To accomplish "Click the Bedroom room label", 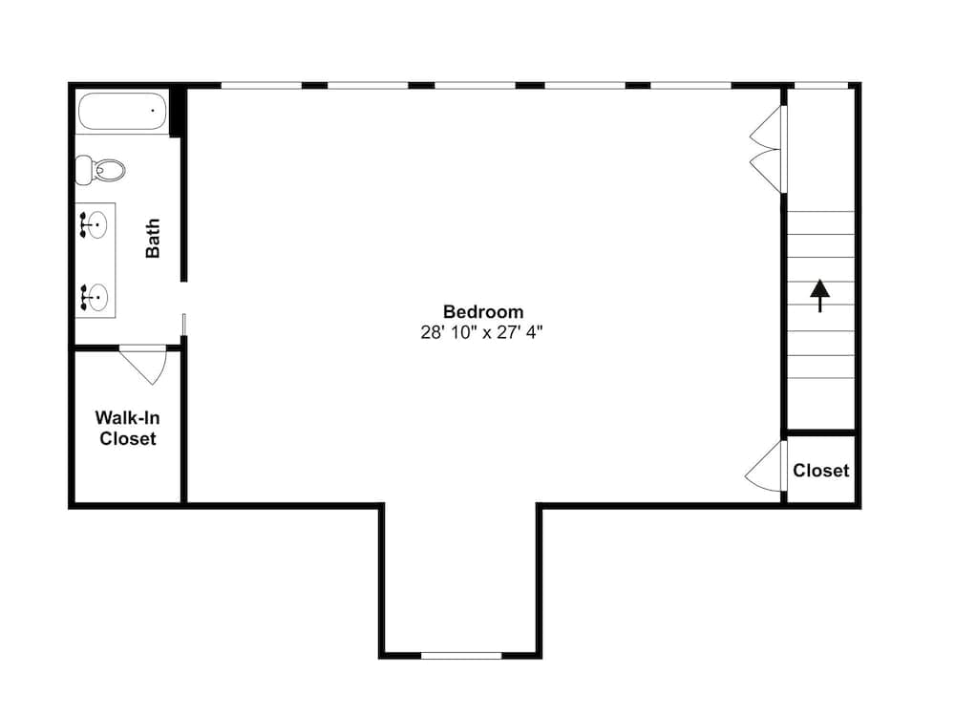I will coord(483,311).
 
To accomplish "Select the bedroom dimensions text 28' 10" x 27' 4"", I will coord(483,332).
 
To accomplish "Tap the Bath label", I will coord(153,239).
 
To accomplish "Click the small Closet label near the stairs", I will coord(820,470).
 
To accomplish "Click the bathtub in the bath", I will coord(122,111).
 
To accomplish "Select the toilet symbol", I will coord(100,171).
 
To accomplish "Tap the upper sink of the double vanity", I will coord(95,224).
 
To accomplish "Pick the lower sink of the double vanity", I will coord(95,295).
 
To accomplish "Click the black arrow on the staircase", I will coord(819,295).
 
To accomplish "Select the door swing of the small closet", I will coord(767,468).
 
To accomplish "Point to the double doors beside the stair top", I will coord(769,149).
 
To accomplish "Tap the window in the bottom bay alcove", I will coord(461,655).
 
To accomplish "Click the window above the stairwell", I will coord(821,85).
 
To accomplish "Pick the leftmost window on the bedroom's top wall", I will coord(261,85).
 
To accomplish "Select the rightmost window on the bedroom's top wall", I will coord(690,85).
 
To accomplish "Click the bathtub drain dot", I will coord(152,111).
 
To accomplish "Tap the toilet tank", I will coord(83,171).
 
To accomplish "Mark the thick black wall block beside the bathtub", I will coord(176,113).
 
